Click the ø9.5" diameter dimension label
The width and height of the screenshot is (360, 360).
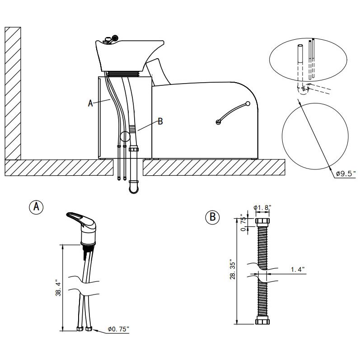346,173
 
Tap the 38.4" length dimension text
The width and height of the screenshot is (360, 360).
58,288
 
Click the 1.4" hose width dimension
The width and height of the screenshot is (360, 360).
298,269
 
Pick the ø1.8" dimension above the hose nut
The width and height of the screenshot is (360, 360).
262,207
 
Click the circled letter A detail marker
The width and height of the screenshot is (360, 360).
36,207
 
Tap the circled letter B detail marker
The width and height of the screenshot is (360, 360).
212,217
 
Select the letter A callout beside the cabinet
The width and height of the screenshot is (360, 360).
90,103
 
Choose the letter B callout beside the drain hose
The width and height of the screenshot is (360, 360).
160,121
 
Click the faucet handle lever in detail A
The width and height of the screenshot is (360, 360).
78,218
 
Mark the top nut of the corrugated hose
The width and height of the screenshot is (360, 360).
262,222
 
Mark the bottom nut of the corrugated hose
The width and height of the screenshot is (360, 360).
262,320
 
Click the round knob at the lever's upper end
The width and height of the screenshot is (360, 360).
248,103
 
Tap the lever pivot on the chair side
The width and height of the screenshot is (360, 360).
218,122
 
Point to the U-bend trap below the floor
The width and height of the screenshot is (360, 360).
134,187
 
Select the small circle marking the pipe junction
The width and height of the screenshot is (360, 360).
125,136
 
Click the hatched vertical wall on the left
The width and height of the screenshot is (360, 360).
13,93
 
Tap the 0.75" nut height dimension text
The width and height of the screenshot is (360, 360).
243,223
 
